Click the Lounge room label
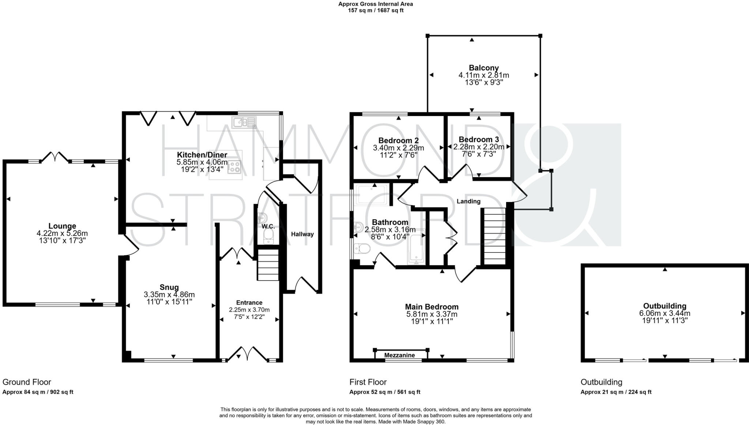62,226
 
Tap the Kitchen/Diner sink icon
244,122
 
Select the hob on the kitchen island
234,167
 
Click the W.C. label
268,226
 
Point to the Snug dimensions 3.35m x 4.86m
169,295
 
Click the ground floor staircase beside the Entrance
268,265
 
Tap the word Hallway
302,234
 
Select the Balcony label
483,68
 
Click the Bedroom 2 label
398,141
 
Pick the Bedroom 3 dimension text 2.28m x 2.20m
479,147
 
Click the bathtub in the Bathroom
417,247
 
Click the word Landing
468,201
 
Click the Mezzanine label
400,355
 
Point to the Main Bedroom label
432,307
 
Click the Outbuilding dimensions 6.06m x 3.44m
665,313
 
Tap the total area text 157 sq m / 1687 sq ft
376,10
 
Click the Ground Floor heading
27,382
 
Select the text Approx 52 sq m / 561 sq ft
385,392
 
